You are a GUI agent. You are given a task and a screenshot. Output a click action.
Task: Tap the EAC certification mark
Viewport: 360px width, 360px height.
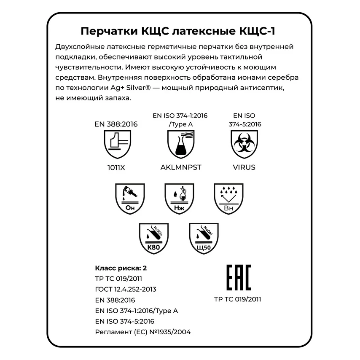239,277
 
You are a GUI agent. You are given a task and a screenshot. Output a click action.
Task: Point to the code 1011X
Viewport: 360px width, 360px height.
116,167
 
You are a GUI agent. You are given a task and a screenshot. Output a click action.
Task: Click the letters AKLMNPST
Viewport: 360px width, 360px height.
181,167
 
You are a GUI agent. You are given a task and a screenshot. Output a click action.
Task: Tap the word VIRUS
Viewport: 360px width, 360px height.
244,167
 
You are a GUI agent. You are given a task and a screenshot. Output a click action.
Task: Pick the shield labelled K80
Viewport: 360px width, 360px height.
154,238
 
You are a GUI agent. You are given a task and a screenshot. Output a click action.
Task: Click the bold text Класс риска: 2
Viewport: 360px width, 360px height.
121,268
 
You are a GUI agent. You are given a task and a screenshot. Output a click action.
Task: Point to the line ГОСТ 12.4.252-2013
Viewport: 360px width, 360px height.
126,289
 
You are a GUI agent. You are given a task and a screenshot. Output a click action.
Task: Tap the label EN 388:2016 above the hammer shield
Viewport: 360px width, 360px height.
116,124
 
